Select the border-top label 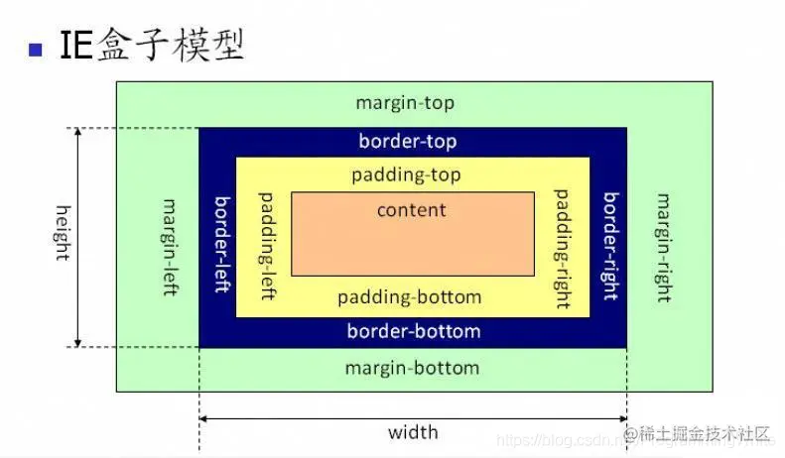pyautogui.click(x=408, y=142)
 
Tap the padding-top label pyautogui.click(x=406, y=175)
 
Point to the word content pyautogui.click(x=412, y=210)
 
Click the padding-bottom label pyautogui.click(x=409, y=297)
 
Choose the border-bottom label pyautogui.click(x=413, y=331)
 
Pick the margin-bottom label pyautogui.click(x=412, y=368)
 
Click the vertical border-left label pyautogui.click(x=222, y=242)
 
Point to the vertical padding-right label pyautogui.click(x=562, y=247)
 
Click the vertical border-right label pyautogui.click(x=611, y=245)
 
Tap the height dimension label pyautogui.click(x=63, y=232)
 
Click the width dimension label pyautogui.click(x=412, y=432)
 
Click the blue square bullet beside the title pyautogui.click(x=37, y=49)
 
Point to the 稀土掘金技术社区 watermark pyautogui.click(x=705, y=433)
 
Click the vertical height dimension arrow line pyautogui.click(x=78, y=237)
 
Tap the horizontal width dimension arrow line pyautogui.click(x=412, y=418)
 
